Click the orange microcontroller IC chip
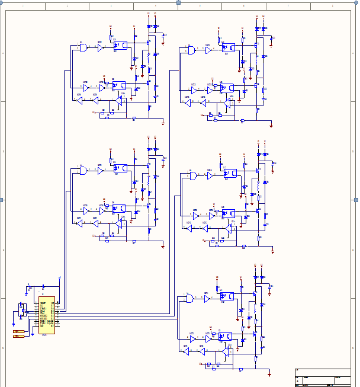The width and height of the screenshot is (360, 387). [47, 315]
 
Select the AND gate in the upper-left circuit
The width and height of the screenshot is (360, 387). [83, 47]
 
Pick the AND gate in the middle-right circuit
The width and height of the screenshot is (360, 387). [193, 175]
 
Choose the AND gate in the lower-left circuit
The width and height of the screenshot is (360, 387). [83, 171]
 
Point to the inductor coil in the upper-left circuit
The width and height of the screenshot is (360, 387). [149, 60]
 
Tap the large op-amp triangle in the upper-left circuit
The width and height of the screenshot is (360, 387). [121, 100]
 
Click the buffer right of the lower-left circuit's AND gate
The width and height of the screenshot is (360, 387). [100, 171]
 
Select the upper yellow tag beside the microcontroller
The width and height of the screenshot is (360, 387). [19, 331]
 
